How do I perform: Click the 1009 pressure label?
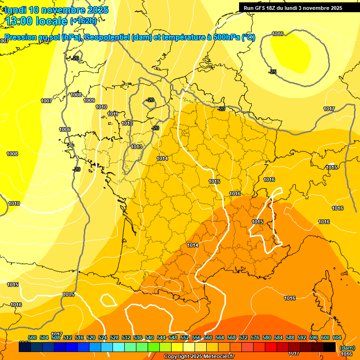point(89,100)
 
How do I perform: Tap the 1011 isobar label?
point(112,114)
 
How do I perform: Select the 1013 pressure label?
point(136,147)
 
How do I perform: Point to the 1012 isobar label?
point(127,123)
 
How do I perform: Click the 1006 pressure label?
point(65,129)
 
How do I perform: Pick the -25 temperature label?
point(272,72)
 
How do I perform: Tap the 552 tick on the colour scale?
point(185,337)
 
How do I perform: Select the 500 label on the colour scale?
point(32,337)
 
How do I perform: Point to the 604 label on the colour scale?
point(337,337)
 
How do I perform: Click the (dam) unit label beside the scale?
point(347,348)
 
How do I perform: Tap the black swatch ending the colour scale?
point(330,347)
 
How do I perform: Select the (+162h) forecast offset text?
point(83,21)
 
